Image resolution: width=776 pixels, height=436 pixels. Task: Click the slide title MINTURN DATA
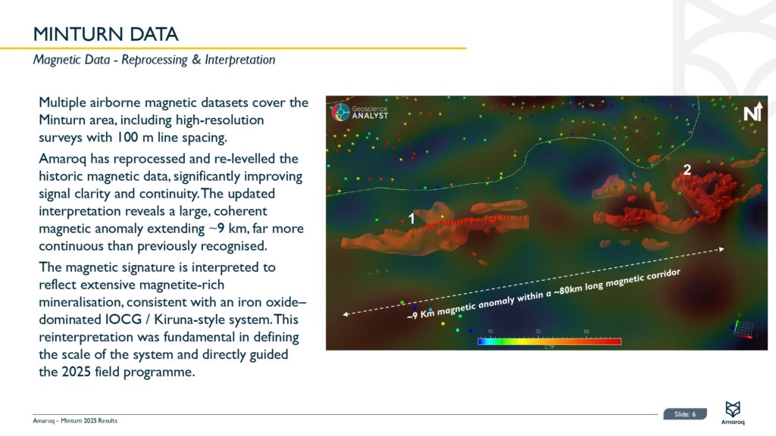point(105,34)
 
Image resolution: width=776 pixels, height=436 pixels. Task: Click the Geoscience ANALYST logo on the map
point(360,112)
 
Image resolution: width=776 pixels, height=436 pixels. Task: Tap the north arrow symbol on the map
point(753,112)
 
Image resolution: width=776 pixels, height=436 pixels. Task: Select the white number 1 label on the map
point(411,218)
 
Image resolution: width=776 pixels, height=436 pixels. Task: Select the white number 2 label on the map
point(687,170)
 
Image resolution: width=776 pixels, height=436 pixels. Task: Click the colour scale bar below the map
point(549,341)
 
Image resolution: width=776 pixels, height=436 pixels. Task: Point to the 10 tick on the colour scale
point(490,332)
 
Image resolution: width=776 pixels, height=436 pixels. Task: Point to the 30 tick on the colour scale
point(586,332)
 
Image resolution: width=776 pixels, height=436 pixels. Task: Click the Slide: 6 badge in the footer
point(685,414)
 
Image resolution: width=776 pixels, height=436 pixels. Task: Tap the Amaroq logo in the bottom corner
point(733,413)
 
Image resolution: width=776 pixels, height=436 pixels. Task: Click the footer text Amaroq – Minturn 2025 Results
point(75,421)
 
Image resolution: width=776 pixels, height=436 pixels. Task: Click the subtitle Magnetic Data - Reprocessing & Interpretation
point(154,60)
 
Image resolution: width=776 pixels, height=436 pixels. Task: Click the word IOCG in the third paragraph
point(124,319)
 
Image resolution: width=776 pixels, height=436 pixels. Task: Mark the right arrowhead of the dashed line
point(722,249)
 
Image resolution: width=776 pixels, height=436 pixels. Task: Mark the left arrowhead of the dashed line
point(346,314)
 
